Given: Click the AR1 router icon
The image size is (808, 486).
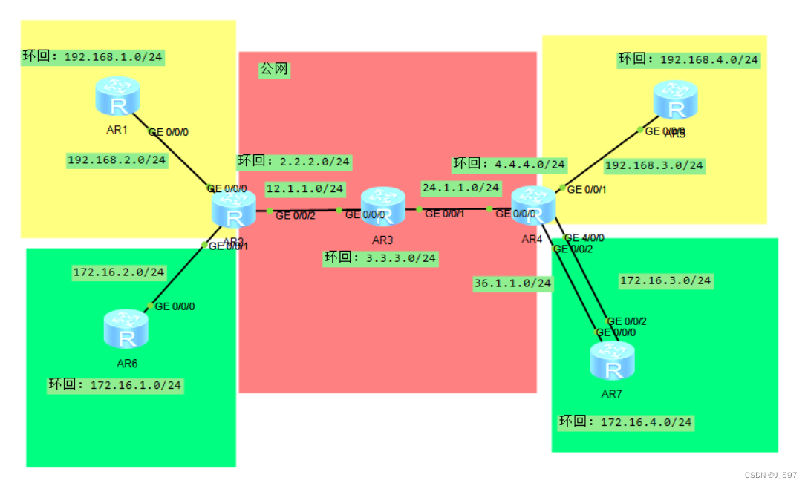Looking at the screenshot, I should pyautogui.click(x=117, y=97).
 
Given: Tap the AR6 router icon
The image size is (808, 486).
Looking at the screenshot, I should pyautogui.click(x=126, y=329).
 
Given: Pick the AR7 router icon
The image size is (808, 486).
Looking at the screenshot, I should pyautogui.click(x=613, y=361).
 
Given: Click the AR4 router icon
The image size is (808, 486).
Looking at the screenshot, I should pyautogui.click(x=533, y=206).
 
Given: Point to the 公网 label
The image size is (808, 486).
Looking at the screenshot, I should pyautogui.click(x=273, y=70).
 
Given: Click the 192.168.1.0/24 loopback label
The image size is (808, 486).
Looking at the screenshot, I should pyautogui.click(x=92, y=56).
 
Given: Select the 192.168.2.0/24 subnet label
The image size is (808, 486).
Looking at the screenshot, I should pyautogui.click(x=117, y=160).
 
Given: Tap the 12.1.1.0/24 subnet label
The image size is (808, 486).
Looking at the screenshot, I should pyautogui.click(x=304, y=189).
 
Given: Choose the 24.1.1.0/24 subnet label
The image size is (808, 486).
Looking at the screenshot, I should pyautogui.click(x=461, y=188).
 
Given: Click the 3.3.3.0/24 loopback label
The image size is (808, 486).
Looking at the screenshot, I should pyautogui.click(x=379, y=258).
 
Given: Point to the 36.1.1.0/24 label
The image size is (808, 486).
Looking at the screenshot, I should pyautogui.click(x=512, y=283).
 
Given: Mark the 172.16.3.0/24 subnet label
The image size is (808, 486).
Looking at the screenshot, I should pyautogui.click(x=665, y=280).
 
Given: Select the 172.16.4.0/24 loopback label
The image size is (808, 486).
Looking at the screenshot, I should pyautogui.click(x=626, y=422).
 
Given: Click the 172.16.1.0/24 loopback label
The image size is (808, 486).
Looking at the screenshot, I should pyautogui.click(x=116, y=385).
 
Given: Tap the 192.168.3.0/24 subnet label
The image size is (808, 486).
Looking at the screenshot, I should pyautogui.click(x=654, y=165).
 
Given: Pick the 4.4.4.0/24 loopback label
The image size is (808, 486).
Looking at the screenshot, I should pyautogui.click(x=509, y=164).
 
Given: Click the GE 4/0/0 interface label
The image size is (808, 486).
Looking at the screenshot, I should pyautogui.click(x=584, y=238).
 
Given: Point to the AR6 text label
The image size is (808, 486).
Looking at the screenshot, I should pyautogui.click(x=127, y=364).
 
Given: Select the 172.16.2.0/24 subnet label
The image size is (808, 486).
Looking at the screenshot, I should pyautogui.click(x=119, y=272).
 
